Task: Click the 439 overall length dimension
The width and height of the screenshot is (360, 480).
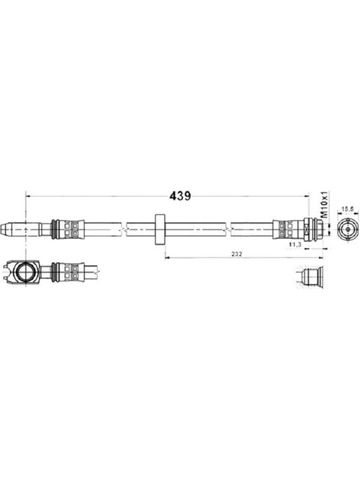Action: pyautogui.click(x=180, y=196)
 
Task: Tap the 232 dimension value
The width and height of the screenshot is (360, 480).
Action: pyautogui.click(x=236, y=254)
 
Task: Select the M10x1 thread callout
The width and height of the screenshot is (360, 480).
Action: pyautogui.click(x=324, y=205)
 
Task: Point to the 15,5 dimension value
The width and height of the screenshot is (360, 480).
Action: pyautogui.click(x=347, y=209)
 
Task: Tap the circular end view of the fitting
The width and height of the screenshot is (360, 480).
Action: pyautogui.click(x=347, y=230)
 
